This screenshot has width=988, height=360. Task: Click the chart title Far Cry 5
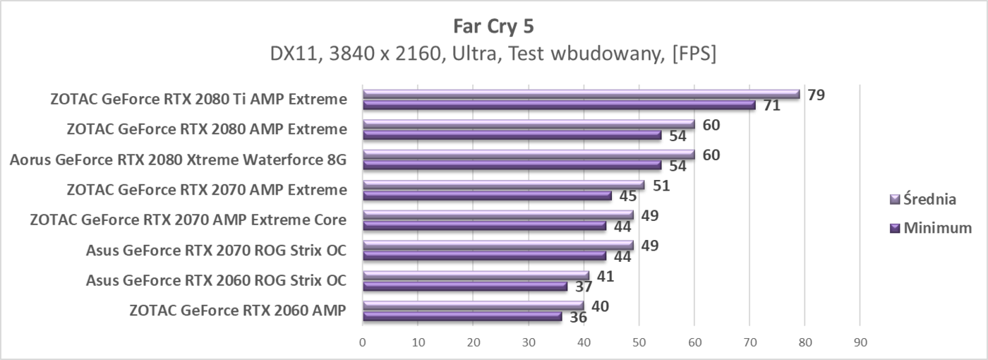[493, 26]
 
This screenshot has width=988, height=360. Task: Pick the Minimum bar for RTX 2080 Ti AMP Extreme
[558, 105]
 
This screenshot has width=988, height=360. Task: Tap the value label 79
[817, 95]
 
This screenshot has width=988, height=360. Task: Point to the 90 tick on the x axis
[860, 342]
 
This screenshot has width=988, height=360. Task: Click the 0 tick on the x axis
[363, 342]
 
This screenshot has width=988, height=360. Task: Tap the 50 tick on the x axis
[639, 342]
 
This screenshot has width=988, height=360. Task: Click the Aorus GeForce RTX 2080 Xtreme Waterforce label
[179, 160]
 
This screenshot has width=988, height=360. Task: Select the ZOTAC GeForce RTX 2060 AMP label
[238, 310]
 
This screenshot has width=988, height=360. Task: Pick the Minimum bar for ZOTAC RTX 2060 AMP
[462, 317]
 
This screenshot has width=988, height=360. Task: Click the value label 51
[661, 186]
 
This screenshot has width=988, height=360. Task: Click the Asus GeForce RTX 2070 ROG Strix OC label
[216, 250]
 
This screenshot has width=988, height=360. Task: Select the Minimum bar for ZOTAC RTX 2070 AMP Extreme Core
[483, 226]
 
